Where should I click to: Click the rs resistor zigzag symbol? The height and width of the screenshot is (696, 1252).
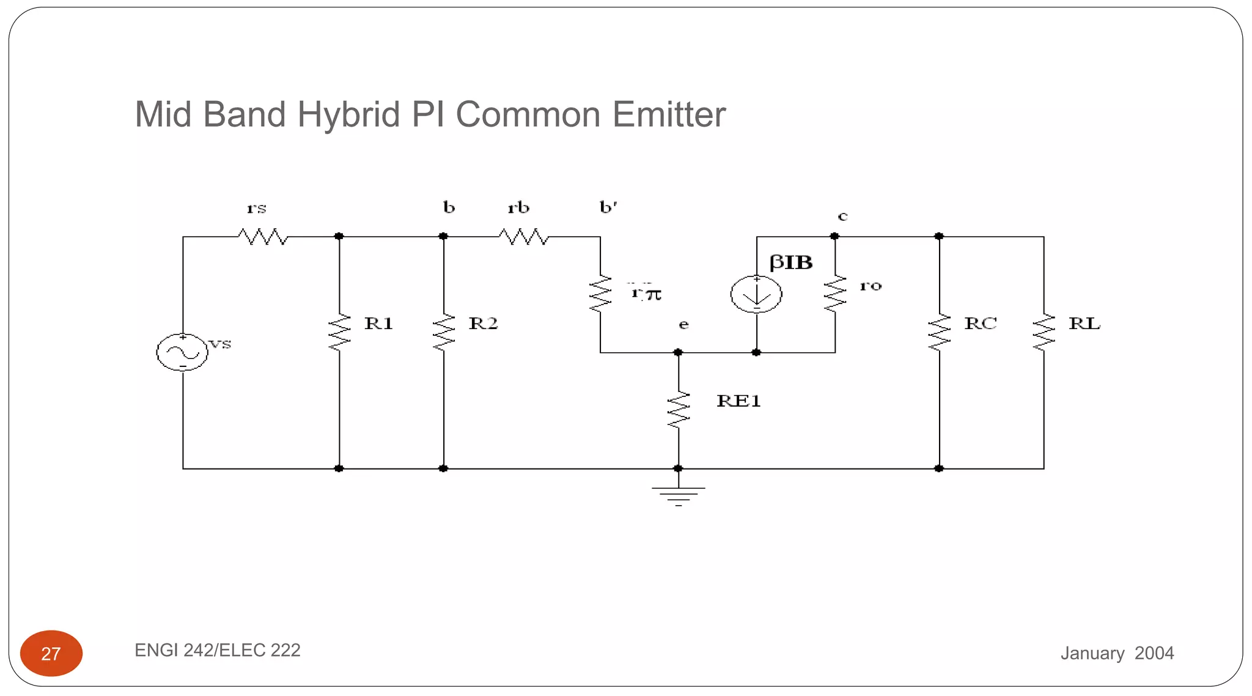point(263,236)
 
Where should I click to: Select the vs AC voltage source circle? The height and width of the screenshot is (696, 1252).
point(182,352)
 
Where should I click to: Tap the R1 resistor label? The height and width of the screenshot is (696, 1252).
point(378,324)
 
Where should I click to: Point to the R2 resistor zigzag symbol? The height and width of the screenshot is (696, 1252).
point(444,332)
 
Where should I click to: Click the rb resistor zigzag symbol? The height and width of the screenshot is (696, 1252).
point(524,236)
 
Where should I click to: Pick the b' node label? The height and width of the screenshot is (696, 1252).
point(608,207)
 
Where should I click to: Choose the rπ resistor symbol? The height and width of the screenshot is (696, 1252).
point(600,294)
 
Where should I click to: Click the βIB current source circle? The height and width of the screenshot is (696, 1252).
point(756,294)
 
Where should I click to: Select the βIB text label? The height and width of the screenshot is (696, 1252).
point(791,262)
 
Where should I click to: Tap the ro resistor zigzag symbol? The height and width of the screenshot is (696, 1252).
point(835,294)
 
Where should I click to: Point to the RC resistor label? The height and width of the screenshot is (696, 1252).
point(981,324)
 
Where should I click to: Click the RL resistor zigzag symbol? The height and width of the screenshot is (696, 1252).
point(1044,332)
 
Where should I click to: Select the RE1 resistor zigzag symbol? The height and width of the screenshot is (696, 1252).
point(678,410)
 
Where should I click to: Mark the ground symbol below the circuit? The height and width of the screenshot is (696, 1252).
point(678,494)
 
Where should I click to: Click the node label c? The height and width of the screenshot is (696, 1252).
point(842,217)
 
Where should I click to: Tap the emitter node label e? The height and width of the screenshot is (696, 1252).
point(683,325)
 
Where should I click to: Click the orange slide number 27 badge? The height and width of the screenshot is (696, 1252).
point(51,653)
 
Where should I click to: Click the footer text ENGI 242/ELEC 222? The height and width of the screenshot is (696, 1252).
point(218,650)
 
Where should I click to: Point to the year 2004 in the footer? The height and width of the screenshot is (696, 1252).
point(1154,653)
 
